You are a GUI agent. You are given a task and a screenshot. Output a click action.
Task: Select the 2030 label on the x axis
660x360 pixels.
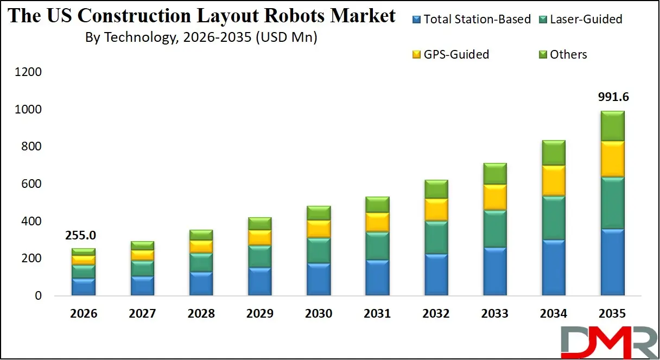tap(319, 314)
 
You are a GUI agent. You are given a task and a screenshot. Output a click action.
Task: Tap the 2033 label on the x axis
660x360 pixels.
tap(495, 314)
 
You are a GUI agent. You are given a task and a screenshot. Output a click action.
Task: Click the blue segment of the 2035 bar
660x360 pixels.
tap(612, 262)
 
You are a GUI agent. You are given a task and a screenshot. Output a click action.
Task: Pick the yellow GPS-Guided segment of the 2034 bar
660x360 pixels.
tap(554, 180)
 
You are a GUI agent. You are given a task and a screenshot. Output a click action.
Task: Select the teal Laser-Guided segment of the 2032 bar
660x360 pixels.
tap(436, 237)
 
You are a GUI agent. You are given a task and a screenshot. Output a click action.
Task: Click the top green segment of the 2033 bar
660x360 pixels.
tap(495, 173)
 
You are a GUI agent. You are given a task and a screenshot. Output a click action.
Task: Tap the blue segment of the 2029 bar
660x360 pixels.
tap(259, 281)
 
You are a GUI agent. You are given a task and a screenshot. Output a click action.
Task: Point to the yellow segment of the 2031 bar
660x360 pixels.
tap(377, 222)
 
